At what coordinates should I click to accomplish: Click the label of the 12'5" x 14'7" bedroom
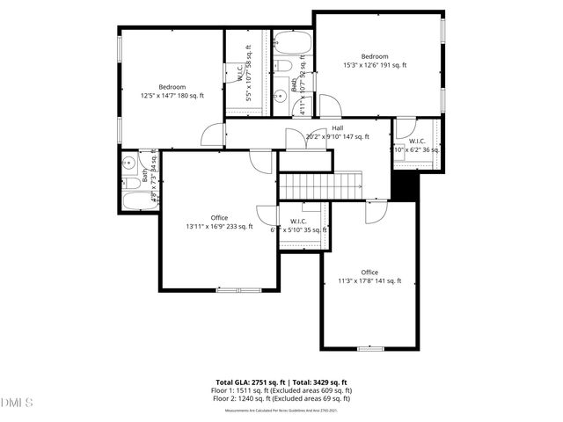(172, 87)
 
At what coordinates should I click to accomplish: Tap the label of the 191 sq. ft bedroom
(374, 56)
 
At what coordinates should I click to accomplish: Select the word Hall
(337, 128)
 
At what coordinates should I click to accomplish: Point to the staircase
(321, 186)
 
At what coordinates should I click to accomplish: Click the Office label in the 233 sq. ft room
(219, 217)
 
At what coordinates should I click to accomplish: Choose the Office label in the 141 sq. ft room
(369, 272)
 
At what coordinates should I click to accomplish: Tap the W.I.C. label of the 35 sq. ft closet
(298, 221)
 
